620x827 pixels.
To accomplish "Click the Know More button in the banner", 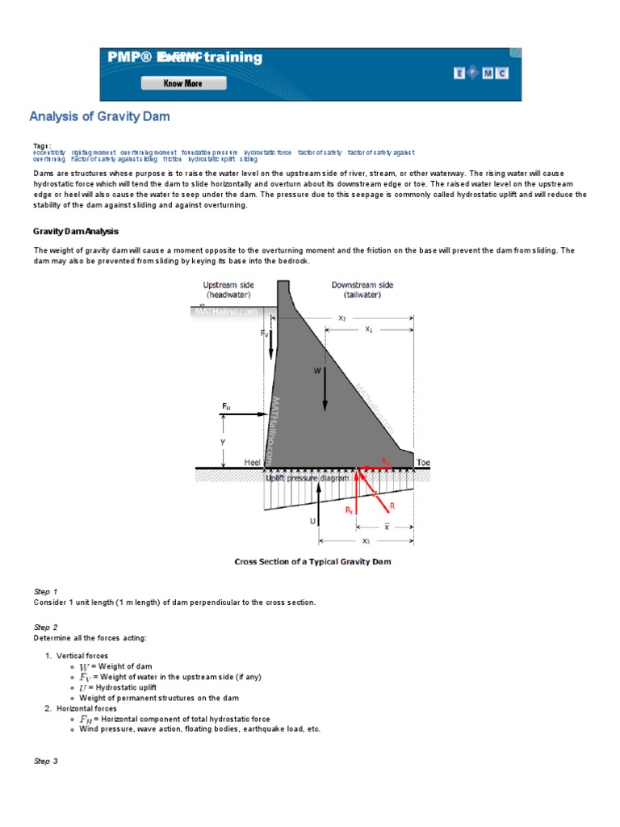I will (182, 83).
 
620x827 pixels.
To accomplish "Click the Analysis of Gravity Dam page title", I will (99, 116).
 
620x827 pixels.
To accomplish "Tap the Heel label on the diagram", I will (253, 463).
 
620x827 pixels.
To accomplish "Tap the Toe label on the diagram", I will (423, 463).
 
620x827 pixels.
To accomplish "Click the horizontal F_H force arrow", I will (243, 415).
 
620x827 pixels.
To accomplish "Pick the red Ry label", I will (349, 510).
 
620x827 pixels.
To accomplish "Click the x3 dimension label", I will (366, 541).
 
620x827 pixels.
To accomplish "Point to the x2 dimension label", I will (341, 318).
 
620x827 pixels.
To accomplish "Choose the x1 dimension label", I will (368, 329).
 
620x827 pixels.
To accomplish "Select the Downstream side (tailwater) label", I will (362, 291).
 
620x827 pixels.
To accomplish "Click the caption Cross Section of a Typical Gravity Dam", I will (312, 561).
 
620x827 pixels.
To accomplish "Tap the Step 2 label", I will (45, 628).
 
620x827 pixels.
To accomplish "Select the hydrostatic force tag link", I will (267, 152).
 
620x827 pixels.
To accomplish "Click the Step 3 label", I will (45, 762).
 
